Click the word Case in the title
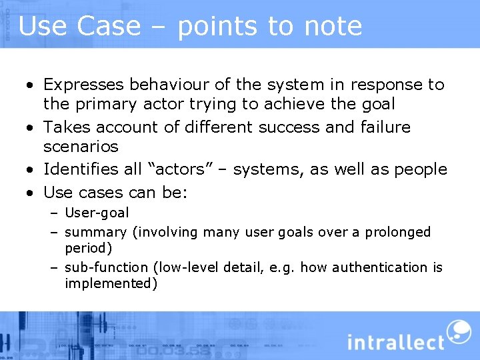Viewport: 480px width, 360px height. [x=109, y=26]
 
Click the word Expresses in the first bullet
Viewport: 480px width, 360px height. [x=83, y=85]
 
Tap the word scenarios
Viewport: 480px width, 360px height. [x=81, y=146]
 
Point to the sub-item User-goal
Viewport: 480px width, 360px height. [x=97, y=213]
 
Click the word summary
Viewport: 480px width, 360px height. [x=95, y=233]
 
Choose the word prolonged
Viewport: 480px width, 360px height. [x=399, y=233]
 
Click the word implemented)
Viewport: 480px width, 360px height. [x=111, y=283]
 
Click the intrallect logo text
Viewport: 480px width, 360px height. [x=395, y=342]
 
